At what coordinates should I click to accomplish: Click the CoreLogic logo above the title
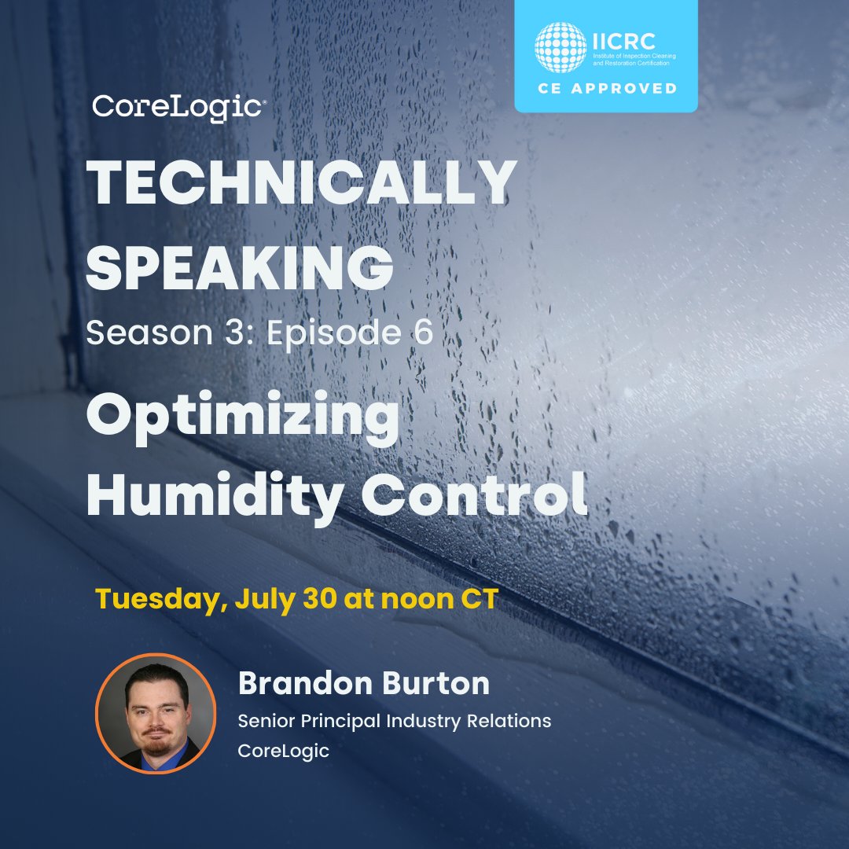point(177,108)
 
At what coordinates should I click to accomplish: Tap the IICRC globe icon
point(561,46)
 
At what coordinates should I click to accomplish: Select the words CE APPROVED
point(605,88)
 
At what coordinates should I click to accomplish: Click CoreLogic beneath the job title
point(284,751)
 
